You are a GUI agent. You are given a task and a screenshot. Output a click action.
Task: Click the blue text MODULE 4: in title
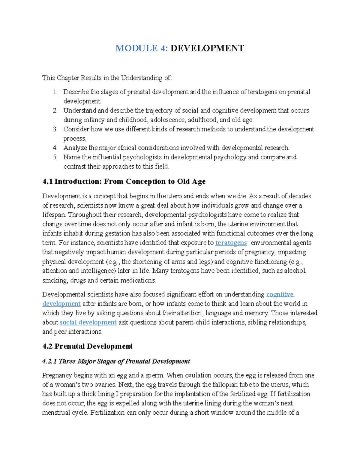point(141,48)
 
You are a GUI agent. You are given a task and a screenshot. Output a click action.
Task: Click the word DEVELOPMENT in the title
point(207,48)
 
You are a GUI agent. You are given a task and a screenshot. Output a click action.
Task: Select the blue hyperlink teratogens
point(231,243)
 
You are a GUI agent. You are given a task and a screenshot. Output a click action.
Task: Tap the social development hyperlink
point(88,323)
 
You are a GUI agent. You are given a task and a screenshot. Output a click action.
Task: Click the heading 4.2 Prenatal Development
point(87,346)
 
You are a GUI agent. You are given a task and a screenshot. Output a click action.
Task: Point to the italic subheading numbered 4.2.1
point(116,361)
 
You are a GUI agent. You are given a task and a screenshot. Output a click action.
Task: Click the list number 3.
point(55,129)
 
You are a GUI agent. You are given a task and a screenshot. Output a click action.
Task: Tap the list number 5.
point(55,157)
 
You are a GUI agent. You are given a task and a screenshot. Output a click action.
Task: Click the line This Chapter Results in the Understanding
point(107,78)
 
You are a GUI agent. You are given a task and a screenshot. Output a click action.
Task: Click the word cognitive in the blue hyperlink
point(280,294)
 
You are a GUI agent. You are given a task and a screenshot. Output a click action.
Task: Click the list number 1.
point(55,92)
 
